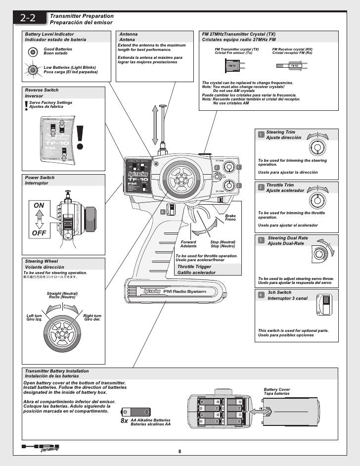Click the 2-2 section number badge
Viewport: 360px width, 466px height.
coord(30,19)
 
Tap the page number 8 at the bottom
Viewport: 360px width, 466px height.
coord(180,451)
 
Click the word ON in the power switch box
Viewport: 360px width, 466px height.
coord(39,205)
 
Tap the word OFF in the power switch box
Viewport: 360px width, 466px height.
coord(39,233)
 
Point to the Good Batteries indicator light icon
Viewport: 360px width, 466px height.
coord(33,51)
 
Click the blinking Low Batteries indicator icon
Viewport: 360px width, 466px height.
coord(33,70)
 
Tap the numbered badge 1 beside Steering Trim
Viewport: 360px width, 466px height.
coord(261,135)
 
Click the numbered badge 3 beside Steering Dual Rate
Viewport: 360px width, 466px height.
coord(261,240)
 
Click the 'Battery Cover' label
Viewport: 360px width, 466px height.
coord(276,389)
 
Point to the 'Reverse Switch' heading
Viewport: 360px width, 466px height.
coord(42,90)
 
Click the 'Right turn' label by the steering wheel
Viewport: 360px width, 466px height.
coord(92,316)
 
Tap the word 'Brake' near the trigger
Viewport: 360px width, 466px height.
coord(230,216)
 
